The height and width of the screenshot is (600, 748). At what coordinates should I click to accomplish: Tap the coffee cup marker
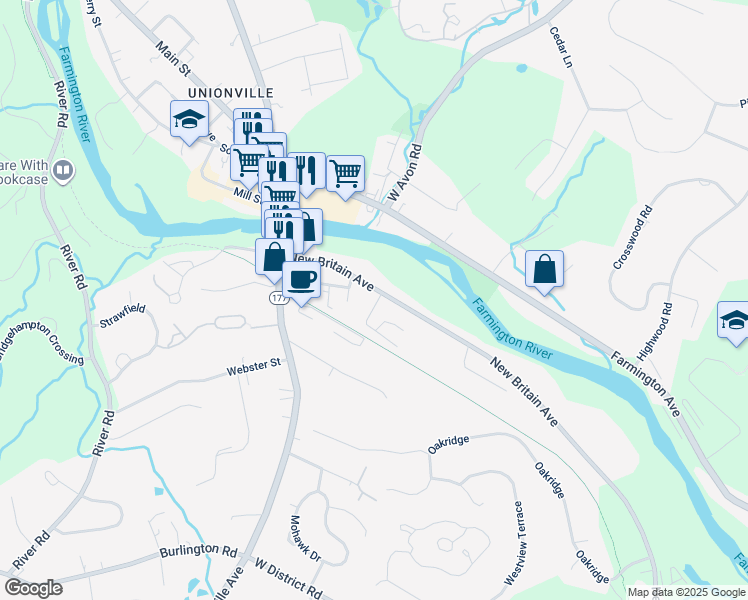[x=302, y=281]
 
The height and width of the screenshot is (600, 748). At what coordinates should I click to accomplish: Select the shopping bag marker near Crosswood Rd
[x=544, y=269]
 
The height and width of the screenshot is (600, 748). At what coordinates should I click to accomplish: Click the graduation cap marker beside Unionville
[x=188, y=120]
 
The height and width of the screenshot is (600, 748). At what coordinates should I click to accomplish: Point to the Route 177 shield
[x=277, y=299]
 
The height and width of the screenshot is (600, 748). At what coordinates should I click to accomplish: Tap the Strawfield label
[x=122, y=316]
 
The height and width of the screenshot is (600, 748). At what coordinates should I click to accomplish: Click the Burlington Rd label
[x=197, y=551]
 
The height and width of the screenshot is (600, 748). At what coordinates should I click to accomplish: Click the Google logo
[x=33, y=587]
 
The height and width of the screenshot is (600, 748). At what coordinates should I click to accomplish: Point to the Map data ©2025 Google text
[x=686, y=592]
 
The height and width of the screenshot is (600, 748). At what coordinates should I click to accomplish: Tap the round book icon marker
[x=65, y=170]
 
